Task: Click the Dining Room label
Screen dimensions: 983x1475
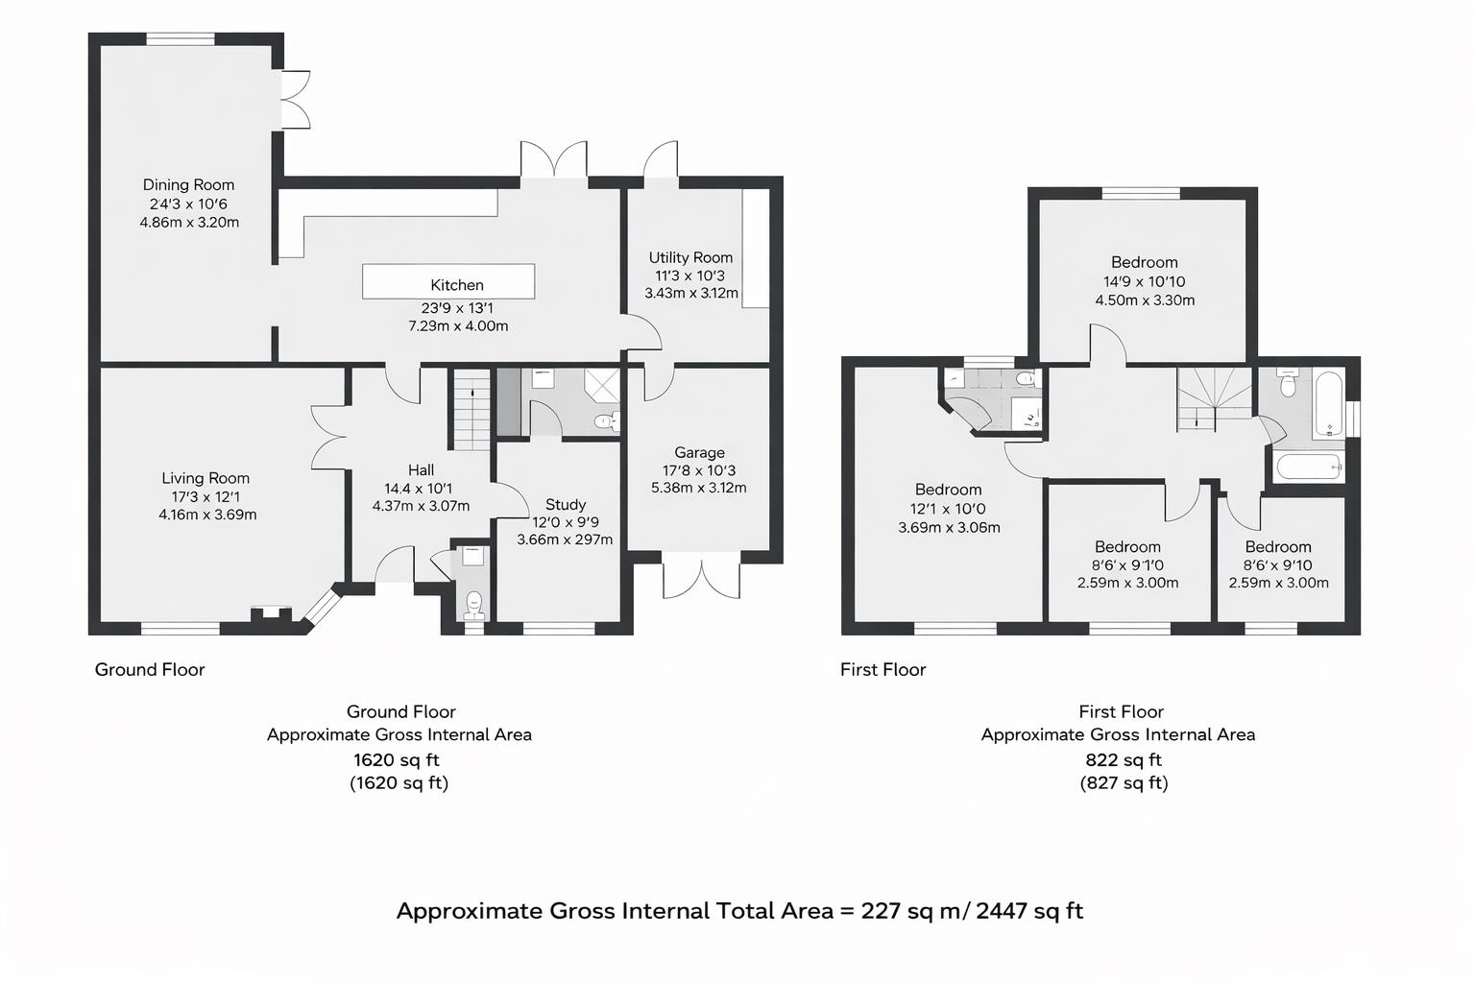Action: (188, 184)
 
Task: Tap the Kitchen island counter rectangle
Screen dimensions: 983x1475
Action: (447, 281)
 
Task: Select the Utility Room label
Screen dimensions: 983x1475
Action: (690, 257)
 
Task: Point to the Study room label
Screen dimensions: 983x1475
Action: (566, 504)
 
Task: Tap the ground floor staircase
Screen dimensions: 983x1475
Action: (471, 410)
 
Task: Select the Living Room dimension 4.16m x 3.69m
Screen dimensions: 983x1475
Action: (207, 515)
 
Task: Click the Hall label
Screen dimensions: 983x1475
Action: (421, 469)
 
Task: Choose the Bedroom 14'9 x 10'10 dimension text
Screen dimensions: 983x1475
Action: (1144, 281)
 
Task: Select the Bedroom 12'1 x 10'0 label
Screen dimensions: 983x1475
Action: (948, 490)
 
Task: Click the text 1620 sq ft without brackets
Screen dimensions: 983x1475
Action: (396, 759)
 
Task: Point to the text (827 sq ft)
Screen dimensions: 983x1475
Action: (1124, 782)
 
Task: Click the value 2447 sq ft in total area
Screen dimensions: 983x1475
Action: (1029, 910)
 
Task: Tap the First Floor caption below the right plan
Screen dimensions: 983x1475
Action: (883, 669)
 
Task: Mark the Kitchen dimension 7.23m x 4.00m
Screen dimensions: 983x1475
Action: (458, 325)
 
